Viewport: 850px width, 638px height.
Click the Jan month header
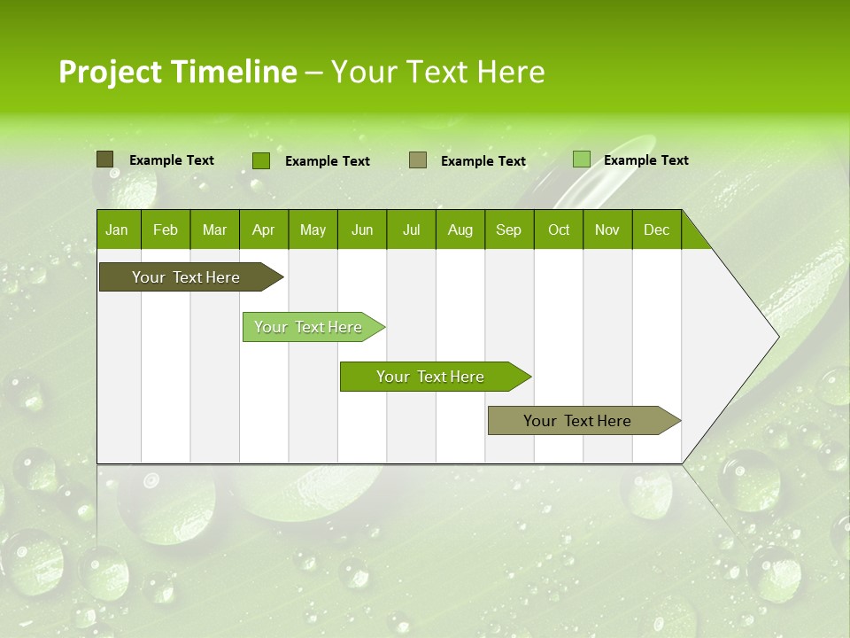point(117,230)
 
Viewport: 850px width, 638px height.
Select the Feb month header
point(166,230)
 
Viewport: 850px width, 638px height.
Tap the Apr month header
point(264,230)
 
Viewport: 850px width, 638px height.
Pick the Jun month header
point(362,230)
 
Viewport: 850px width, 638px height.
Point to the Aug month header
point(460,230)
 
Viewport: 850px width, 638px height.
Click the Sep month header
point(509,230)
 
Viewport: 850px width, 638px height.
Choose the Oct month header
point(559,230)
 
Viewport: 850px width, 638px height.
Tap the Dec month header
point(657,230)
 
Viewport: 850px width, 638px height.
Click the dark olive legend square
point(104,159)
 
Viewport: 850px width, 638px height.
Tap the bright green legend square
point(261,160)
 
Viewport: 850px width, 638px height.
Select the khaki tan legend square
point(418,160)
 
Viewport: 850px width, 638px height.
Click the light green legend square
point(581,159)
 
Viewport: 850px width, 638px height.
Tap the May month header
point(313,230)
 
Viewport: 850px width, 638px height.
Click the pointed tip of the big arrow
point(776,337)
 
